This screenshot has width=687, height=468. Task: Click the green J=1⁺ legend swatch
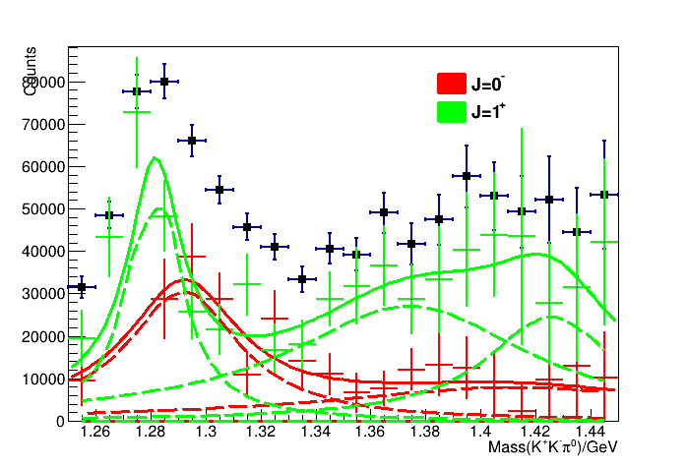coord(451,112)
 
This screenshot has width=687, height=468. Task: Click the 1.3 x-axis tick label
coord(206,432)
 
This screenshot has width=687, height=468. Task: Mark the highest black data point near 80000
coord(164,82)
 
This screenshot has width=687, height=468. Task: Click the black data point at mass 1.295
coord(192,141)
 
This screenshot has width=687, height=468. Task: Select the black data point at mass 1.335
coord(302,279)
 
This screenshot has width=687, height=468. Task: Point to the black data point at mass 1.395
coord(467,176)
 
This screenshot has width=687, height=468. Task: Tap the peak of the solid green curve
coord(155,157)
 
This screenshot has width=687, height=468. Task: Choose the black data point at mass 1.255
coord(82,287)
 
